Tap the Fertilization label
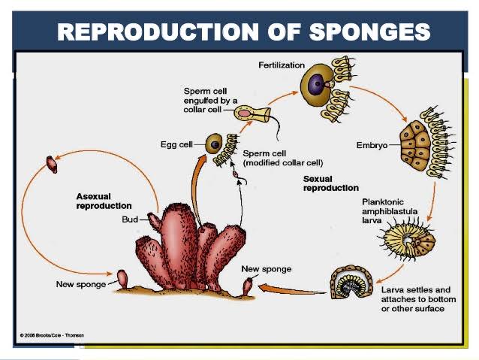point(282,65)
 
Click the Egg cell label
point(176,144)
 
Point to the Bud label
point(130,219)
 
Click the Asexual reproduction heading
point(104,201)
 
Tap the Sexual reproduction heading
point(330,183)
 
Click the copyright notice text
point(52,335)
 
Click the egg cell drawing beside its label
point(215,144)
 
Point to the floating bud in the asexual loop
point(52,163)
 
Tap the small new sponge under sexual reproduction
point(248,286)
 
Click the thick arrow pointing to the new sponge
point(289,288)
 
